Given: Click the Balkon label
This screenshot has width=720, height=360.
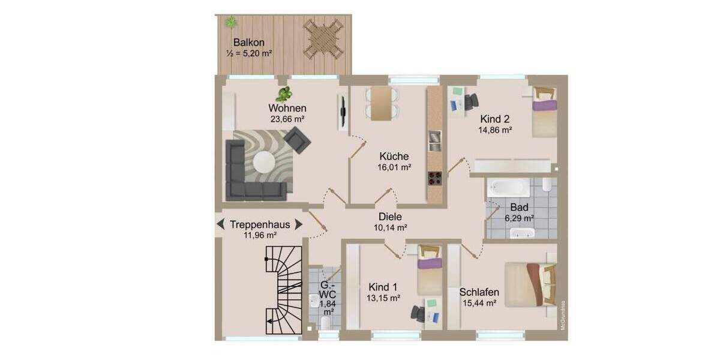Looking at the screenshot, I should tap(249, 43).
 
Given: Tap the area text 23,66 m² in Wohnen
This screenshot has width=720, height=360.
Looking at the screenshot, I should tap(287, 119).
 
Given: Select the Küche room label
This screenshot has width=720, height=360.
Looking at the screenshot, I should tap(394, 157).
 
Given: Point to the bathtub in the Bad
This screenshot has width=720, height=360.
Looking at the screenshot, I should tap(508, 187).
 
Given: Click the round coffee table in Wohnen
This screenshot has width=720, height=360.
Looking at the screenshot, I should tap(264, 161).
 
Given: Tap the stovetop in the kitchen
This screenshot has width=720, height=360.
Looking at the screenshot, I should tap(435, 178).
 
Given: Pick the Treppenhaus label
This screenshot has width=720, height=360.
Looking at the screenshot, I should tap(260, 224).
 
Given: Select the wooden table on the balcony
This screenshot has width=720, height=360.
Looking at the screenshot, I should tap(323, 38).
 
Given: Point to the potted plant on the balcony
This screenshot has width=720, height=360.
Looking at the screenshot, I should tap(230, 23).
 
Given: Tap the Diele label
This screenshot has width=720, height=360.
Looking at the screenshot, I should tap(390, 217).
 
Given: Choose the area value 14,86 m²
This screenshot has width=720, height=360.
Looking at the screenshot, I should tap(494, 130).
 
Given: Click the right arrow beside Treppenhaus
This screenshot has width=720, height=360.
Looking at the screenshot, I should tap(298, 224).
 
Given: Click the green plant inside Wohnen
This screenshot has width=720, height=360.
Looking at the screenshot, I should tap(284, 94).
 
